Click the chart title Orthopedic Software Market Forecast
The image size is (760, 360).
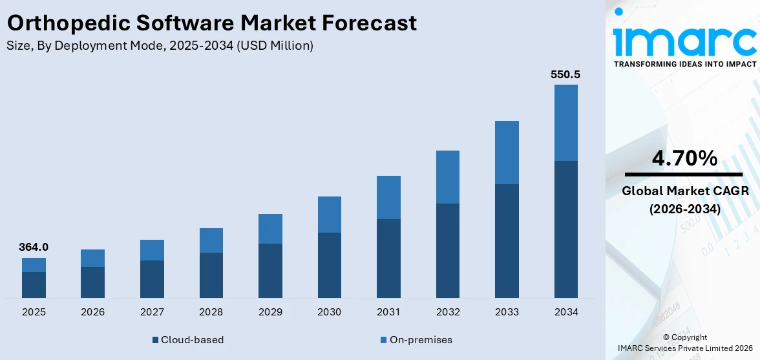click(x=211, y=23)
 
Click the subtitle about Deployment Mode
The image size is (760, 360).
click(x=160, y=46)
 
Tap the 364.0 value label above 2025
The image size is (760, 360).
click(x=34, y=247)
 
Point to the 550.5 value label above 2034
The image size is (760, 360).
click(x=565, y=74)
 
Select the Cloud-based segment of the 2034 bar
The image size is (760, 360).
click(x=565, y=229)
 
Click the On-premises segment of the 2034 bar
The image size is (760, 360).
click(x=565, y=123)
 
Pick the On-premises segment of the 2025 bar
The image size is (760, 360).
click(x=34, y=265)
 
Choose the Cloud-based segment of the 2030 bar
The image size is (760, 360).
click(x=329, y=265)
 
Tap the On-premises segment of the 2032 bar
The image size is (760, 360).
click(x=447, y=177)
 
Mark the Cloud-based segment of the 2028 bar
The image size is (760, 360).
click(x=211, y=275)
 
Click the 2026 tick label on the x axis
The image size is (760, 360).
click(x=93, y=312)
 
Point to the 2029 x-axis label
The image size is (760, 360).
click(x=270, y=312)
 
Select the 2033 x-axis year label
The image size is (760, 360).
click(x=507, y=312)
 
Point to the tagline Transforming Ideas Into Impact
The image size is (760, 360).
click(x=684, y=64)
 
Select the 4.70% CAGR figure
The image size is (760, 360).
click(x=684, y=158)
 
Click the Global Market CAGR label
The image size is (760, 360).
click(x=684, y=191)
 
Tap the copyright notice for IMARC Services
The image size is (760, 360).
click(x=684, y=343)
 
